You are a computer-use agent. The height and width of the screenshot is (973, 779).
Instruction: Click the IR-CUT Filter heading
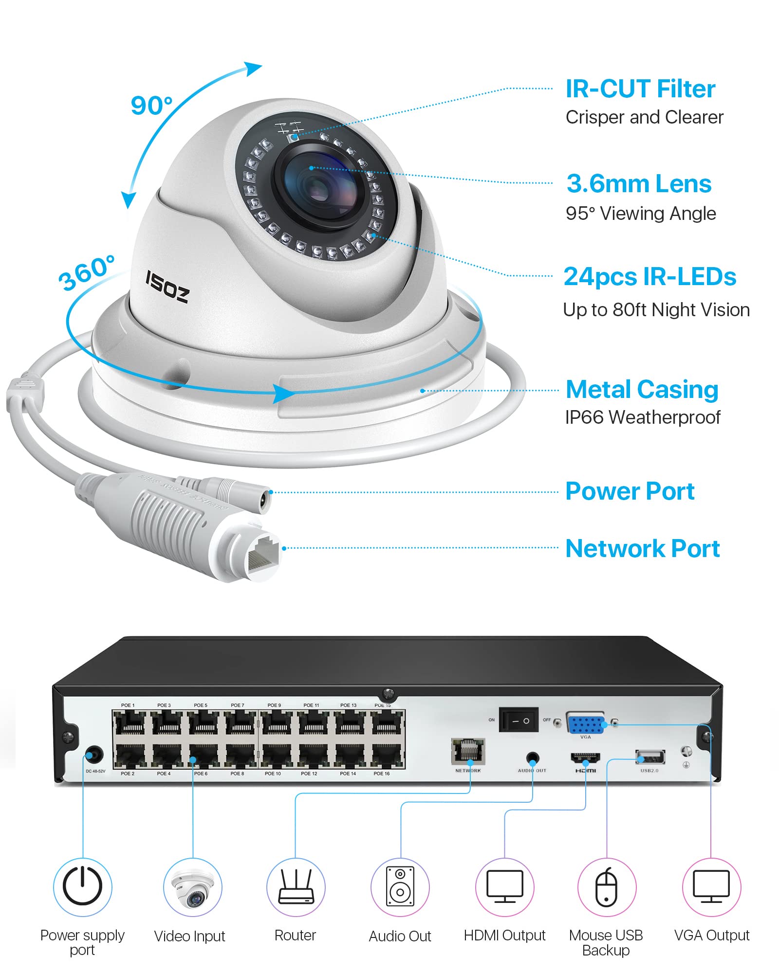point(640,89)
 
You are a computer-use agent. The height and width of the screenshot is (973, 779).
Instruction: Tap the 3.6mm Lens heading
point(639,184)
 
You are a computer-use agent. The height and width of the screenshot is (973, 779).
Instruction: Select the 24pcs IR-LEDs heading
point(649,277)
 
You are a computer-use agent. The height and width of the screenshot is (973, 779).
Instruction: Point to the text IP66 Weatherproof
point(642,417)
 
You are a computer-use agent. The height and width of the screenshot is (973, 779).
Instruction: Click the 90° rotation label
point(151,106)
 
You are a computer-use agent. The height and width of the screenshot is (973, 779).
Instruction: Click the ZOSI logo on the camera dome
point(167,287)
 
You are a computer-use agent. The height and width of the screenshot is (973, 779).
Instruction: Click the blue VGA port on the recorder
point(586,724)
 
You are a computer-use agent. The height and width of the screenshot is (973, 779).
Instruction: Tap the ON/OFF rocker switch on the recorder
point(519,720)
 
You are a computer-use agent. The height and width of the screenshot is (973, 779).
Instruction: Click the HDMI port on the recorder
point(585,757)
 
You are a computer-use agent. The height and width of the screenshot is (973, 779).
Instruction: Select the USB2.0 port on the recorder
point(650,757)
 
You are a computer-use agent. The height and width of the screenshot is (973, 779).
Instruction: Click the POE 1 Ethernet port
point(129,723)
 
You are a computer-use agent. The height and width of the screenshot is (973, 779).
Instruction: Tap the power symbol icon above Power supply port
point(82,887)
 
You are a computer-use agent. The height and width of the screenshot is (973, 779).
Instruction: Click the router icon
point(296,887)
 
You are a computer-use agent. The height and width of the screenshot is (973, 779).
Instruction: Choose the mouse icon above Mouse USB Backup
point(607,887)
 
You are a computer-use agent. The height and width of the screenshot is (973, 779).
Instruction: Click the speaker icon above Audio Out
point(400,887)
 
